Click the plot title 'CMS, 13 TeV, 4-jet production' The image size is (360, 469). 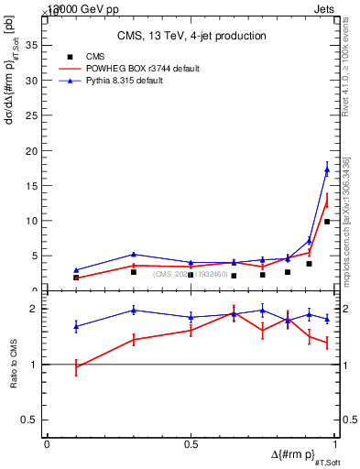191,37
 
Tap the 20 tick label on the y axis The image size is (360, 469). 32,150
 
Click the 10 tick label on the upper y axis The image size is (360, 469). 32,221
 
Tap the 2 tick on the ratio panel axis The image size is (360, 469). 36,309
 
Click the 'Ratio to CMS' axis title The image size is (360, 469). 14,365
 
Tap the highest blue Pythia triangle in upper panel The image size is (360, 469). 327,169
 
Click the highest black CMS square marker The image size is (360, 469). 327,222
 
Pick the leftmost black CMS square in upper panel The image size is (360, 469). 76,278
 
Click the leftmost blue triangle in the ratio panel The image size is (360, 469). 76,326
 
